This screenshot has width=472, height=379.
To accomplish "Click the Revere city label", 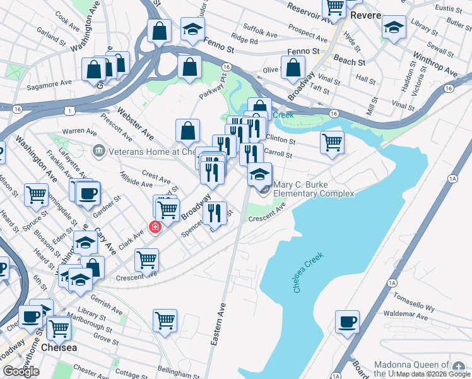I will tap(366, 15).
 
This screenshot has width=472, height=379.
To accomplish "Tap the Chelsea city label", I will tap(59, 348).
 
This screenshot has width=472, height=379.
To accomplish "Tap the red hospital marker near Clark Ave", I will tap(153, 227).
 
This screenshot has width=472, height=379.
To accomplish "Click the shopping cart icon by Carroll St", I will tap(331, 141).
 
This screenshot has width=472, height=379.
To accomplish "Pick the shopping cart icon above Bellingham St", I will tap(165, 320).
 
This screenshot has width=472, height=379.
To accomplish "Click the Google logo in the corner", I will tap(21, 371).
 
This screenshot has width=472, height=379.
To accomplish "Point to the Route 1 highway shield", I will tap(74, 111).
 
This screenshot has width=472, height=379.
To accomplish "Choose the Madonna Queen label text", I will tap(413, 366).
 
